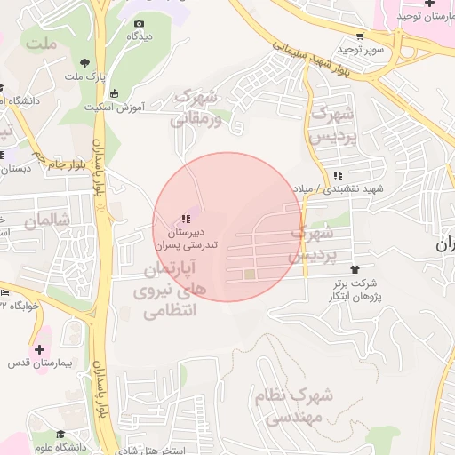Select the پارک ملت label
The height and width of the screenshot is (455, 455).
[84, 76]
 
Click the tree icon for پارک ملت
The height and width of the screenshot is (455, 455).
[84, 62]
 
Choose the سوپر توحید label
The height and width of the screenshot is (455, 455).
[366, 49]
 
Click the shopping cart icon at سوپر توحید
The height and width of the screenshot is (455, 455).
[359, 36]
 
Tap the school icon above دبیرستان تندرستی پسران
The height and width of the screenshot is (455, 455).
[186, 218]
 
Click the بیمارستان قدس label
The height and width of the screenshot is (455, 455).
[42, 363]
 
